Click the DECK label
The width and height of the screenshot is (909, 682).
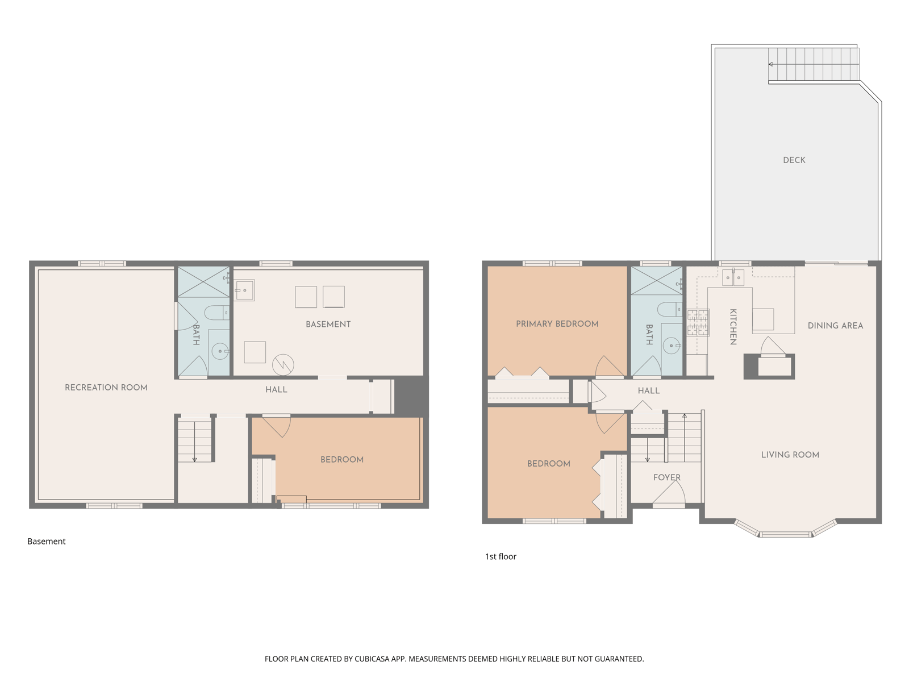pyautogui.click(x=794, y=160)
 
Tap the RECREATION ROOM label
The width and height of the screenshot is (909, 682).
pyautogui.click(x=106, y=388)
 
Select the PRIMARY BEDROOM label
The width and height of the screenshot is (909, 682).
pyautogui.click(x=557, y=324)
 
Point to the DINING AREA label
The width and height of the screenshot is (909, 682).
pyautogui.click(x=835, y=326)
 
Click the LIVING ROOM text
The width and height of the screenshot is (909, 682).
pyautogui.click(x=790, y=455)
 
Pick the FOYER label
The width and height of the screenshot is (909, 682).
pyautogui.click(x=666, y=477)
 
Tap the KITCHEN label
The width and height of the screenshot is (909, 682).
pyautogui.click(x=732, y=327)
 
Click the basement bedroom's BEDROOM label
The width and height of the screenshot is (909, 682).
pyautogui.click(x=341, y=460)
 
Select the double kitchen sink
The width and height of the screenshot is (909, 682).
pyautogui.click(x=732, y=277)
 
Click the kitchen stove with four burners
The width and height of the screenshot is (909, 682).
pyautogui.click(x=698, y=322)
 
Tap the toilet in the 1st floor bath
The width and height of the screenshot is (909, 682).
pyautogui.click(x=669, y=309)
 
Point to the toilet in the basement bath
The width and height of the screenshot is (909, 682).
pyautogui.click(x=216, y=313)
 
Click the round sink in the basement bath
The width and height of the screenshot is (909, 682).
pyautogui.click(x=220, y=352)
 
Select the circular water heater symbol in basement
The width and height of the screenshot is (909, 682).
pyautogui.click(x=283, y=365)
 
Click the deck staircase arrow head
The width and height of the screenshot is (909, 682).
pyautogui.click(x=771, y=64)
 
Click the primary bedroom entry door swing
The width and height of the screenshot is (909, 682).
pyautogui.click(x=609, y=366)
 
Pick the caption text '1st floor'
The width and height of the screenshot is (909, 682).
pyautogui.click(x=501, y=556)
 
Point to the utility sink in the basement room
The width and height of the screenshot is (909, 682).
pyautogui.click(x=244, y=290)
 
